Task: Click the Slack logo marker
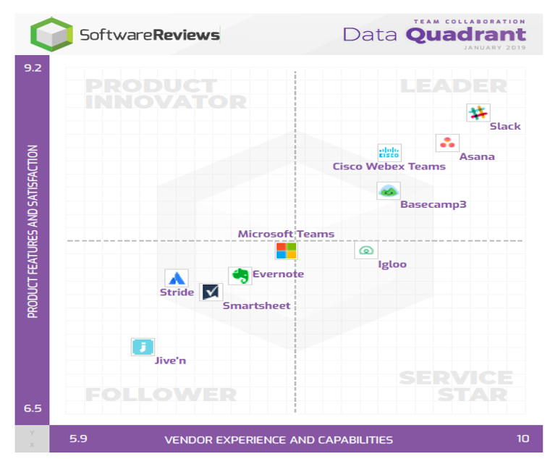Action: [x=478, y=113]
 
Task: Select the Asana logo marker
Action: [x=447, y=143]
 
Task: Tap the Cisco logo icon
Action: [x=389, y=153]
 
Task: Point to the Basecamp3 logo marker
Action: [x=389, y=191]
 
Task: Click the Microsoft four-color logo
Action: [x=287, y=250]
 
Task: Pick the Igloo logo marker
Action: [x=366, y=250]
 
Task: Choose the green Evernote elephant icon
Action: [x=240, y=276]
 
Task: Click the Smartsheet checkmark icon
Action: [x=211, y=292]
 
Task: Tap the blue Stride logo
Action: [x=177, y=278]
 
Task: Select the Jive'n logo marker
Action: [x=143, y=347]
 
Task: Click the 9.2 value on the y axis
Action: [x=33, y=68]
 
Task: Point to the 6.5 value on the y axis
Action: [x=33, y=408]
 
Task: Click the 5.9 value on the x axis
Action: [x=78, y=439]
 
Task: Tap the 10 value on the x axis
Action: [x=523, y=439]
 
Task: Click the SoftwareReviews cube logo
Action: [x=51, y=35]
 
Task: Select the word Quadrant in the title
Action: [x=466, y=35]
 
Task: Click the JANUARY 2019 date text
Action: [x=494, y=48]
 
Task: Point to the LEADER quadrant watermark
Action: [x=454, y=86]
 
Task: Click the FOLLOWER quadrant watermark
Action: [x=161, y=395]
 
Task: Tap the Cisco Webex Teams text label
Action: [x=389, y=167]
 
